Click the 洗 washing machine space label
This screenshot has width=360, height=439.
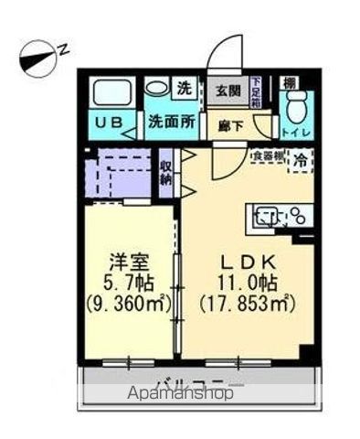185,90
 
